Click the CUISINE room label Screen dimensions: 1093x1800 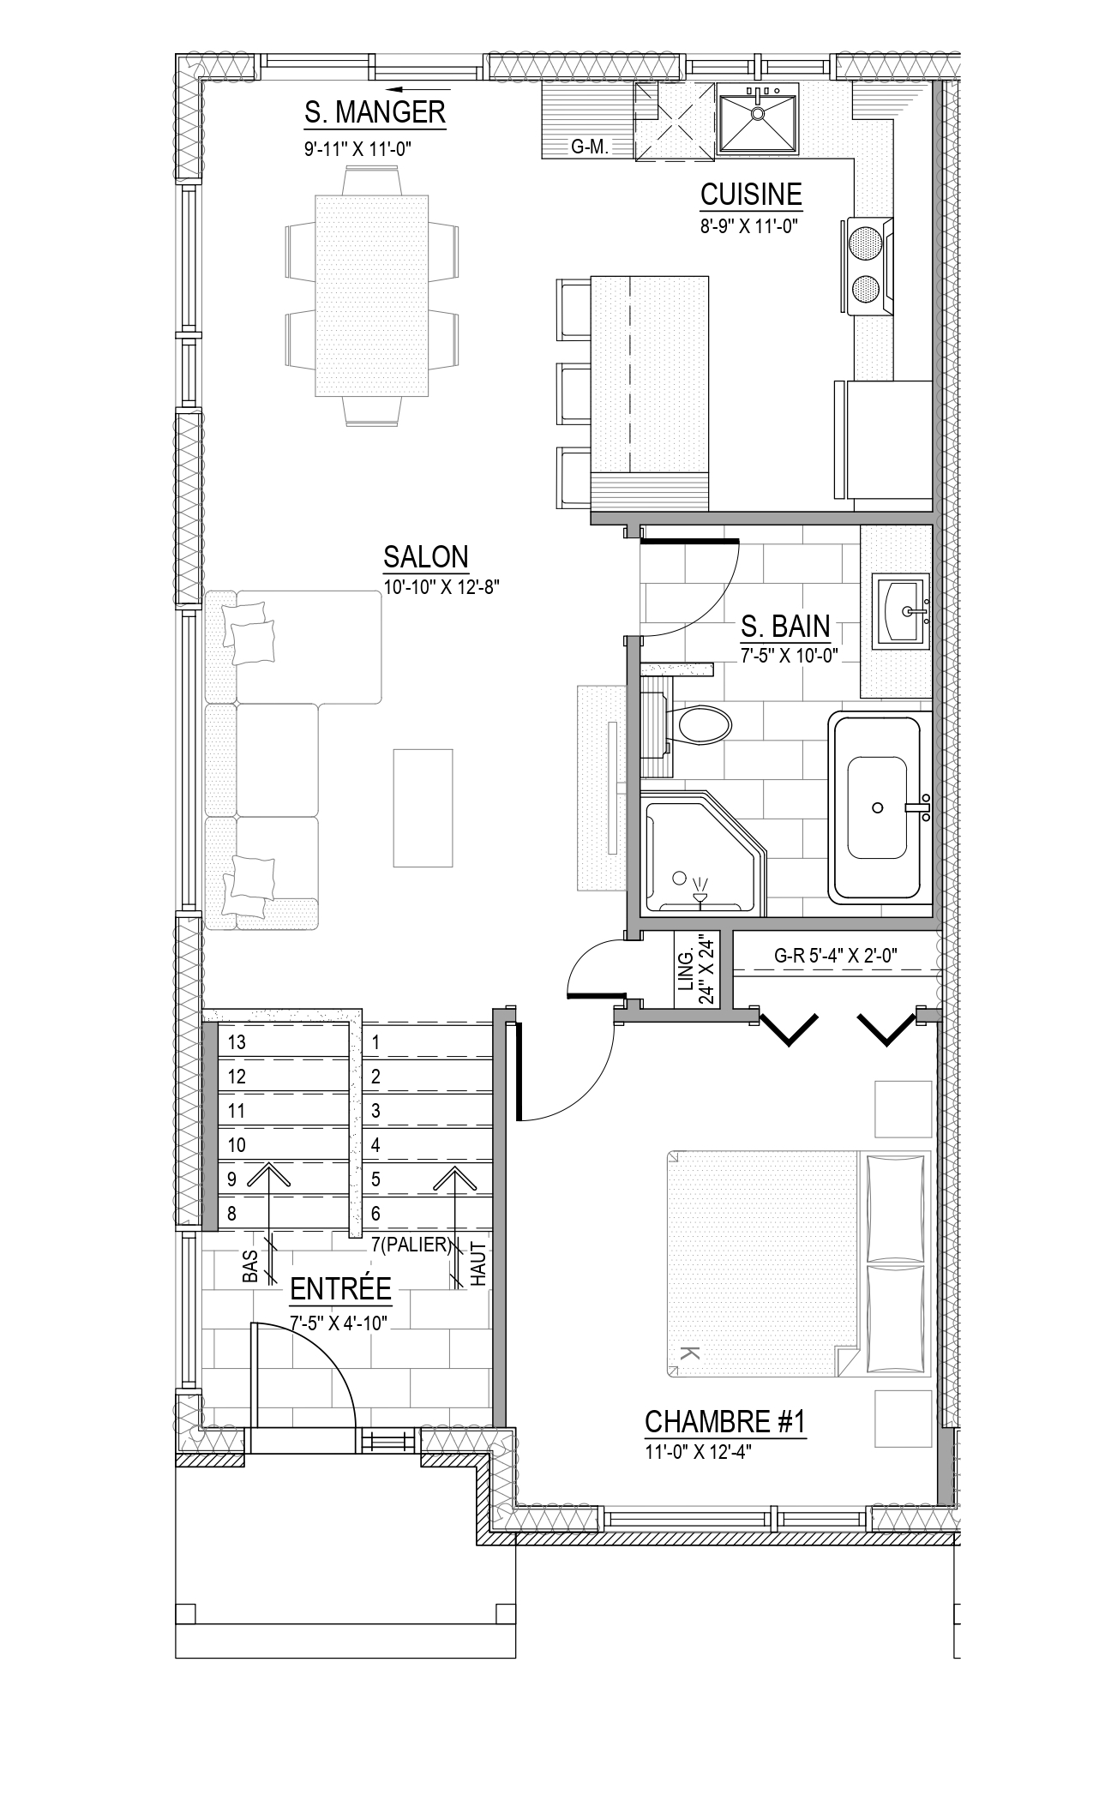click(751, 195)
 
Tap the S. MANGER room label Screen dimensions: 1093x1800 click(375, 112)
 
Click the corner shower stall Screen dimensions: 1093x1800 click(703, 853)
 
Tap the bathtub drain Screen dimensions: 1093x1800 click(877, 807)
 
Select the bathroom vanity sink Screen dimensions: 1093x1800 click(900, 610)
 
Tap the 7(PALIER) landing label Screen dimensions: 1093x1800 click(411, 1245)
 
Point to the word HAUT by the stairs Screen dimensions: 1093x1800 click(478, 1265)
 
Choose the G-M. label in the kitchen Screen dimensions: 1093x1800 click(590, 147)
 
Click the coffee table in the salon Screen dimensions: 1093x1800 click(423, 807)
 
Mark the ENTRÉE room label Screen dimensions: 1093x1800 click(340, 1288)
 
